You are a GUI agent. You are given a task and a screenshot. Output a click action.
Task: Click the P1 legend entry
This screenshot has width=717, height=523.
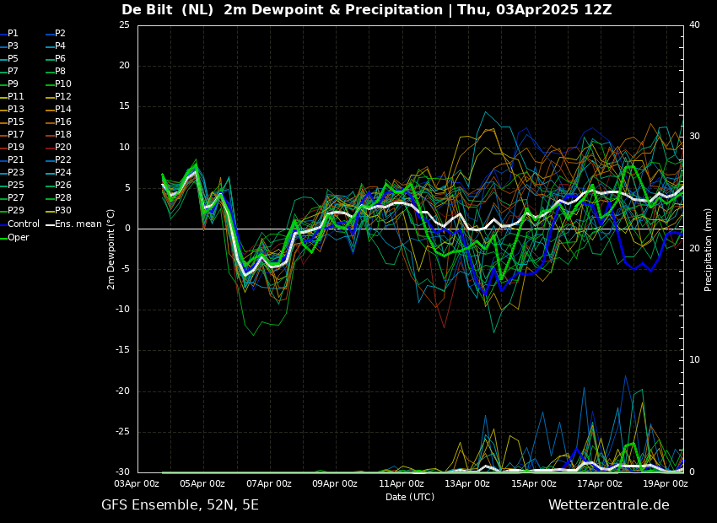pos(9,34)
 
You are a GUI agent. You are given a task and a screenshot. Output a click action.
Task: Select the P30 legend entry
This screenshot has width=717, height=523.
pos(59,210)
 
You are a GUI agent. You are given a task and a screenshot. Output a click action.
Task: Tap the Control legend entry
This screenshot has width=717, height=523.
pos(19,224)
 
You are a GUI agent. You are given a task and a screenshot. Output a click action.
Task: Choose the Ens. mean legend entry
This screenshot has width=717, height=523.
pos(73,224)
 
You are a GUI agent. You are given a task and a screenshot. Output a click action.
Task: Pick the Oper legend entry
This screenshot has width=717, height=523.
pos(14,237)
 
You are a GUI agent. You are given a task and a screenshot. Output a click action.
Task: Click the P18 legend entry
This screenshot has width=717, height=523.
pos(59,134)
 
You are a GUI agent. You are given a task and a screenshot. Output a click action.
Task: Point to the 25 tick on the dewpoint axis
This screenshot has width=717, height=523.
pos(124,24)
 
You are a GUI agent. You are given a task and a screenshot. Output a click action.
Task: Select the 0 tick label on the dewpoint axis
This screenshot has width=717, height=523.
pos(127,229)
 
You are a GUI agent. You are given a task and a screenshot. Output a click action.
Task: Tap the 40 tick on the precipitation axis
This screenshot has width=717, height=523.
pos(694,24)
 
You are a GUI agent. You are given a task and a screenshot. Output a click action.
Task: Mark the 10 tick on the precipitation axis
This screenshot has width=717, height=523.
pos(694,360)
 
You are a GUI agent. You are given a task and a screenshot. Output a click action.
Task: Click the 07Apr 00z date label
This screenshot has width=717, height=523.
pos(269,483)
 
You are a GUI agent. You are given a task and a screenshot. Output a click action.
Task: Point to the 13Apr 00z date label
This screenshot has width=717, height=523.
pos(467,483)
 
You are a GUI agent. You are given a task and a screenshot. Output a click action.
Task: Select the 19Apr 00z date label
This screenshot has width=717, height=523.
pos(666,483)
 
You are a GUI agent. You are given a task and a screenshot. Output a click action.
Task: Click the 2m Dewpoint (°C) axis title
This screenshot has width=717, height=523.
pos(111,250)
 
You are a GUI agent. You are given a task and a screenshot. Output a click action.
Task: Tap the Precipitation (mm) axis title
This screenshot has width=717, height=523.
pos(709,249)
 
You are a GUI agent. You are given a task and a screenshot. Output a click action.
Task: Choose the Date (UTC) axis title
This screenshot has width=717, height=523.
pos(410,497)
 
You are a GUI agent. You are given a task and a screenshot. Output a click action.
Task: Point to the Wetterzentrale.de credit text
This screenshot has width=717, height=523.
pos(609,505)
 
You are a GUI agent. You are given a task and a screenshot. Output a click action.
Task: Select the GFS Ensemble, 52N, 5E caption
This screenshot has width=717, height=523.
pos(180,505)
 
